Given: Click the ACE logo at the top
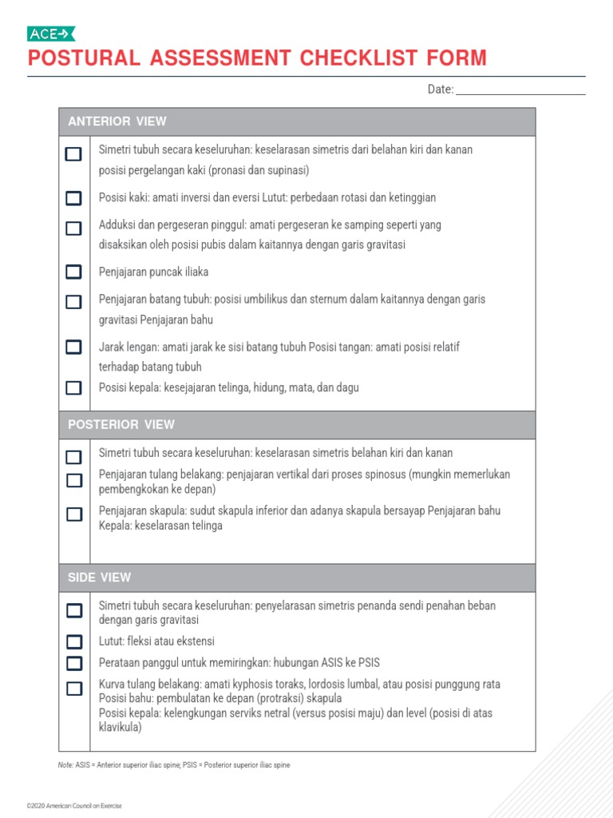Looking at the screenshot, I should click(51, 34).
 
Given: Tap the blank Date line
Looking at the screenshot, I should click(520, 89).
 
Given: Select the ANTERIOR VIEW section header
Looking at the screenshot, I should click(117, 121).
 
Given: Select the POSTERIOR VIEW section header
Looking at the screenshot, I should click(121, 424).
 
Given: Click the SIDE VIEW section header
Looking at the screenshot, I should click(100, 577).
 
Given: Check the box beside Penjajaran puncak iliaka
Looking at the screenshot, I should click(73, 272).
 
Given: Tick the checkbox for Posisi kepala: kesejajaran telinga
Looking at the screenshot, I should click(73, 387).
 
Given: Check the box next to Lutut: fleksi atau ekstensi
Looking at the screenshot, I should click(74, 641).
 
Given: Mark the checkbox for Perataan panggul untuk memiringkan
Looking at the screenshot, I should click(74, 663).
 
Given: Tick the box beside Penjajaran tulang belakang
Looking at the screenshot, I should click(74, 480).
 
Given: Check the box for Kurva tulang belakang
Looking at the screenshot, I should click(74, 689).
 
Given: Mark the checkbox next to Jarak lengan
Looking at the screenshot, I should click(73, 347).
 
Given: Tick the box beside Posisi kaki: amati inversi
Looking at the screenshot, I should click(73, 198).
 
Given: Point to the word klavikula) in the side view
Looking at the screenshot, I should click(120, 728).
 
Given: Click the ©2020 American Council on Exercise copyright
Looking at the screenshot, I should click(74, 805).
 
